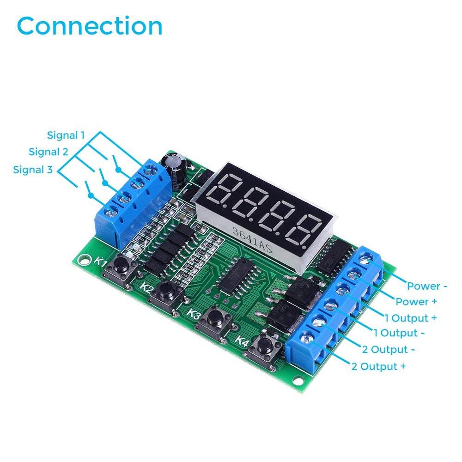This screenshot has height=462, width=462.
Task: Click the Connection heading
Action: coord(90,26)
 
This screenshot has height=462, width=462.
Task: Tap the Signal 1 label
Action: coord(66,135)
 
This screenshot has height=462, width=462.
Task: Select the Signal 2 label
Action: coord(48,152)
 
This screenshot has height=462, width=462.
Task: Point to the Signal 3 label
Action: coord(33,170)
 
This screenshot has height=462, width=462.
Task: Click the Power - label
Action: coord(427,286)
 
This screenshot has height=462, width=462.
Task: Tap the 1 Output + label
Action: coord(411,318)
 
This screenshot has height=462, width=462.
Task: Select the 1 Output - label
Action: coord(399,333)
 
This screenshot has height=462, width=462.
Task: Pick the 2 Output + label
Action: coord(379,366)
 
